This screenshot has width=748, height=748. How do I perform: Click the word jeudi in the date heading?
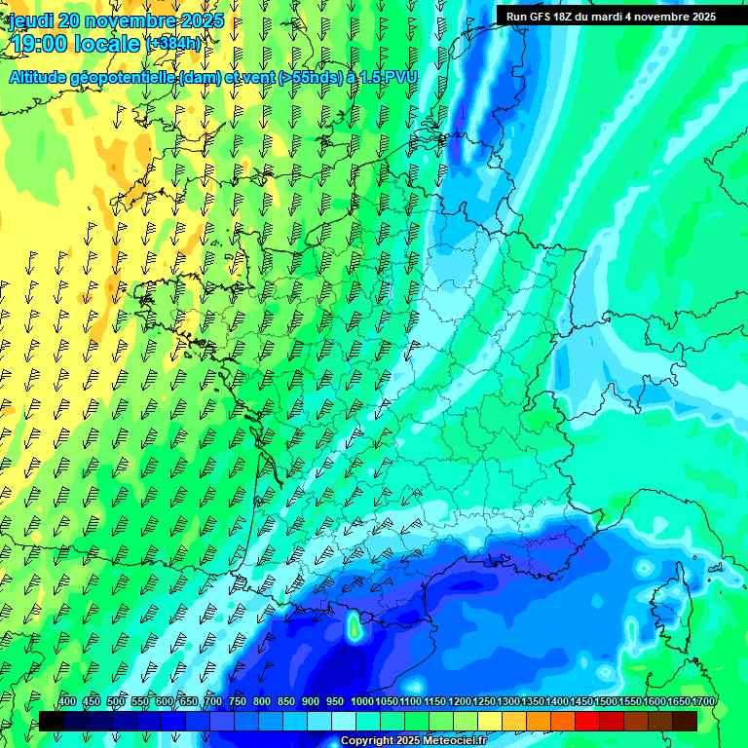tap(32, 20)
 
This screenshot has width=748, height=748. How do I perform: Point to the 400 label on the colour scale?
tap(67, 702)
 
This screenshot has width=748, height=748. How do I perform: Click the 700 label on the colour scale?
tap(213, 702)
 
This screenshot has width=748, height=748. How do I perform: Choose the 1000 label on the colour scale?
tap(361, 702)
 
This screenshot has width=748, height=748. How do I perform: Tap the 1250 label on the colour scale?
tap(484, 702)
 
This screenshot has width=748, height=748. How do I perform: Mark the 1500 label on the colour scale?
tap(606, 702)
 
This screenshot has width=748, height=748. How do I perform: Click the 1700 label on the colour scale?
tap(703, 702)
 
